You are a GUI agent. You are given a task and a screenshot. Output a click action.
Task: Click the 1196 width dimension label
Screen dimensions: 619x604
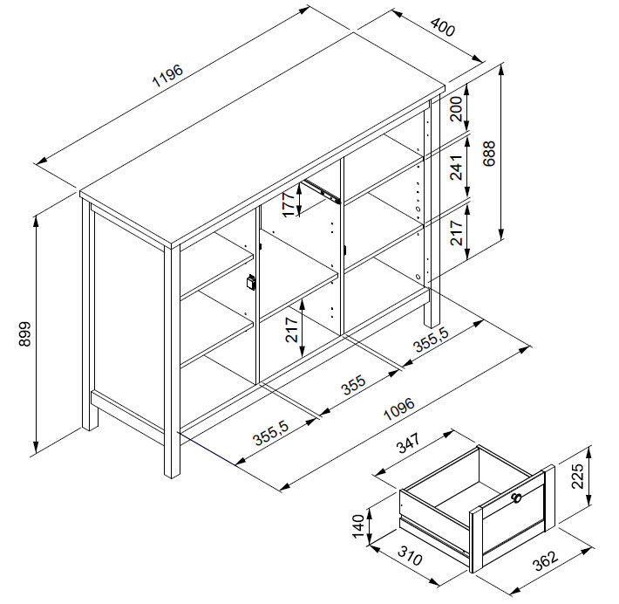pos(167,75)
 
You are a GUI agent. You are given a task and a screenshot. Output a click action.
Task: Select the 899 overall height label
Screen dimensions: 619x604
pos(25,334)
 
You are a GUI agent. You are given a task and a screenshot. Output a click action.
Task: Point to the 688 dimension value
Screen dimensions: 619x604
pos(489,154)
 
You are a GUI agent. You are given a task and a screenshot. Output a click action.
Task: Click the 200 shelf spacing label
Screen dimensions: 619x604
pos(456,109)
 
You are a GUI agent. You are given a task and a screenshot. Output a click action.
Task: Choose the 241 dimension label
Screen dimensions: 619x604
pos(456,168)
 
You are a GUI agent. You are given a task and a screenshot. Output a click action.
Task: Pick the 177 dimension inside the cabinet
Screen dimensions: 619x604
pos(289,203)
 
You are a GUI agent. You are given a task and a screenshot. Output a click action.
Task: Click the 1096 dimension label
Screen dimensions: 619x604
pos(399,408)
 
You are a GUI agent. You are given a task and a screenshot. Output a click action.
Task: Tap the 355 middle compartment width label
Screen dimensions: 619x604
pos(354,385)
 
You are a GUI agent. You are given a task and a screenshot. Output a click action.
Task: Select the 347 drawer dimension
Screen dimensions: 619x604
pos(408,443)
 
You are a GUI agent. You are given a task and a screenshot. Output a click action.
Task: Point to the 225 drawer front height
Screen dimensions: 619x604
pos(577,476)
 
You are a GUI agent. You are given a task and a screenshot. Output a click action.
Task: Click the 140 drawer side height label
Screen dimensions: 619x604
pos(358,526)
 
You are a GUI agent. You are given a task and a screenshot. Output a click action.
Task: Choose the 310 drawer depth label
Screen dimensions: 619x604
pos(410,556)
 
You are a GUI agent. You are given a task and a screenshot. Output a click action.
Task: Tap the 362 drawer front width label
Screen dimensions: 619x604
pos(546,560)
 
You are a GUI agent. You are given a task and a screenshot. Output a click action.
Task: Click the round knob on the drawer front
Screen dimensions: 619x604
pos(517,498)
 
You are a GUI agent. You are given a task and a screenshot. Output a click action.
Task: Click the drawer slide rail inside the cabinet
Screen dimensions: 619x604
pos(322,191)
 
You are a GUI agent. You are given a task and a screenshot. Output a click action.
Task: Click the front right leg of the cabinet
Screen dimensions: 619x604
pos(172,361)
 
